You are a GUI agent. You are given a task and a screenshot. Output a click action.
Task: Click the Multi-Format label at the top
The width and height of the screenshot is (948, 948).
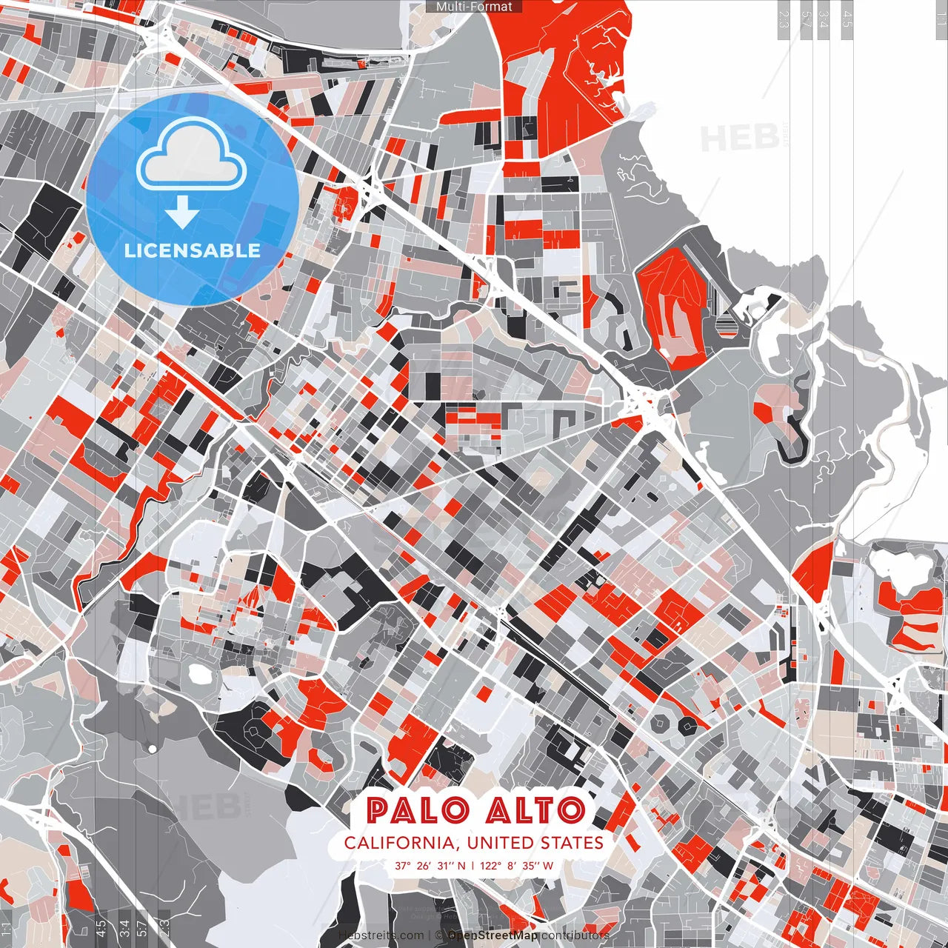tap(474, 7)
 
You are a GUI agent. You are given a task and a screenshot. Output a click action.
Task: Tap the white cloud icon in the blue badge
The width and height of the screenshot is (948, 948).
tap(191, 156)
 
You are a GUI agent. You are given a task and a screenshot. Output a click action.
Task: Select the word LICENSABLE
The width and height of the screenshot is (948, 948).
tap(193, 250)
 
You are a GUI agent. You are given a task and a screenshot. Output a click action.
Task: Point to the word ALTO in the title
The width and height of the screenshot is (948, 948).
tap(535, 811)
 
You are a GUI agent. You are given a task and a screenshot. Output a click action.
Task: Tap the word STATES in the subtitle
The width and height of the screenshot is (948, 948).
tap(572, 843)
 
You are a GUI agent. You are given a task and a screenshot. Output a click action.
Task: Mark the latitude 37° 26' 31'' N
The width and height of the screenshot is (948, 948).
tap(430, 865)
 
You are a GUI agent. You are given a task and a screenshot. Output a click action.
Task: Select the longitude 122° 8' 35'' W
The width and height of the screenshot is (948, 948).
tap(516, 865)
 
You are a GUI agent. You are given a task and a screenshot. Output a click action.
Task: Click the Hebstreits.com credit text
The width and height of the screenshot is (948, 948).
tap(381, 935)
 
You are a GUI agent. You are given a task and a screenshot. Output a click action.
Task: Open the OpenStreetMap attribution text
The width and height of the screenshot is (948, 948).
tap(493, 935)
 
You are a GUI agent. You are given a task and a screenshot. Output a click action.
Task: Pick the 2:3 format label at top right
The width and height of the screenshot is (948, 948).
tap(783, 19)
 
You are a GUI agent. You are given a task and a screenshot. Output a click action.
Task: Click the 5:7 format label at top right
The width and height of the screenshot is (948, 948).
tap(806, 19)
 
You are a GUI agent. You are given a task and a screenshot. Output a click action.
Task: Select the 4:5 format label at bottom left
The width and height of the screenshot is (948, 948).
tap(100, 927)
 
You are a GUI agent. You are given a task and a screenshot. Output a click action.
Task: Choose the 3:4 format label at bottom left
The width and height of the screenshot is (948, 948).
tap(124, 927)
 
